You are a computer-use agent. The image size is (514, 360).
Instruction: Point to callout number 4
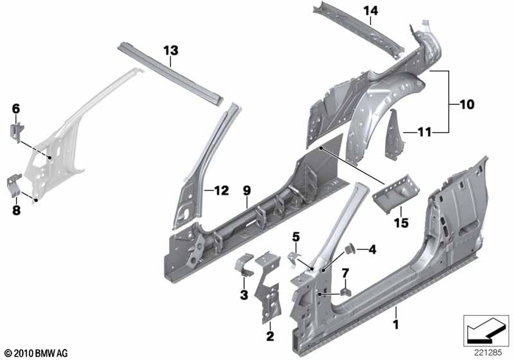coord(373,249)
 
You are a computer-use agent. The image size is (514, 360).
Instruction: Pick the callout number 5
coord(296,237)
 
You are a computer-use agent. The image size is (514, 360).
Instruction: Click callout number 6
coord(16,109)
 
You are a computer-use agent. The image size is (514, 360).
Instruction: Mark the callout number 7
coord(345,273)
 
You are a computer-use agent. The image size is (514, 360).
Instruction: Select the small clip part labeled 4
coord(352,249)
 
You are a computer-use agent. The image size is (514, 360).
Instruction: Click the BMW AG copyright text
coord(36,353)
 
